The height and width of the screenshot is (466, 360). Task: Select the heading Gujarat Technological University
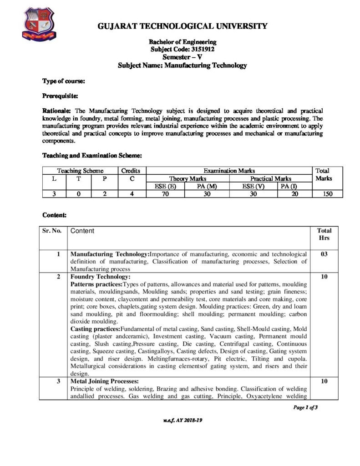tap(183, 26)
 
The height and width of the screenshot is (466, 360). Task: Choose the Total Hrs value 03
tap(325, 254)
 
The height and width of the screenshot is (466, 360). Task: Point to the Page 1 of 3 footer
tap(304, 407)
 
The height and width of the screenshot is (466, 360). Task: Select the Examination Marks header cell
tap(229, 171)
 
